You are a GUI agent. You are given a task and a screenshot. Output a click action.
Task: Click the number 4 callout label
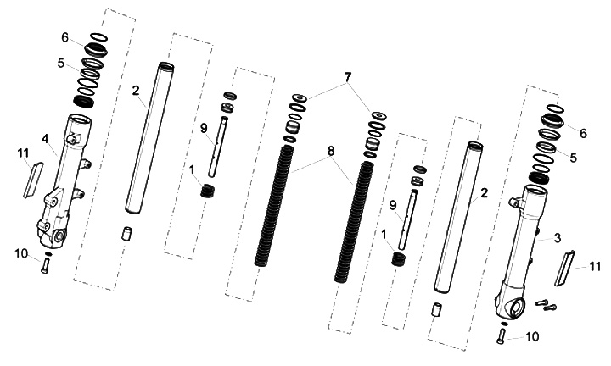tap(46, 138)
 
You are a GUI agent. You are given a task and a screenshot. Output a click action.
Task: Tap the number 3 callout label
tap(558, 238)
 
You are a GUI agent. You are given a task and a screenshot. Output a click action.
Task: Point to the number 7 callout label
tap(348, 77)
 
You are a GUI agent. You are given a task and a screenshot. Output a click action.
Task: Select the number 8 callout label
tap(331, 151)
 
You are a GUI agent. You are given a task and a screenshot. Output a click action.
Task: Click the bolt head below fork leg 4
tap(44, 266)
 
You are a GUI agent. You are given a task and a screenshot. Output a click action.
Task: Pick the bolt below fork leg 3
tap(501, 335)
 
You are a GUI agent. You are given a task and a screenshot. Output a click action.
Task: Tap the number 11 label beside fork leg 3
tap(594, 266)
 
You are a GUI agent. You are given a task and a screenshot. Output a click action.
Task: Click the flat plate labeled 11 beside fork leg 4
tap(32, 180)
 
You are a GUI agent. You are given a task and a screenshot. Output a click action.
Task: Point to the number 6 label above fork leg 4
tap(64, 38)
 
